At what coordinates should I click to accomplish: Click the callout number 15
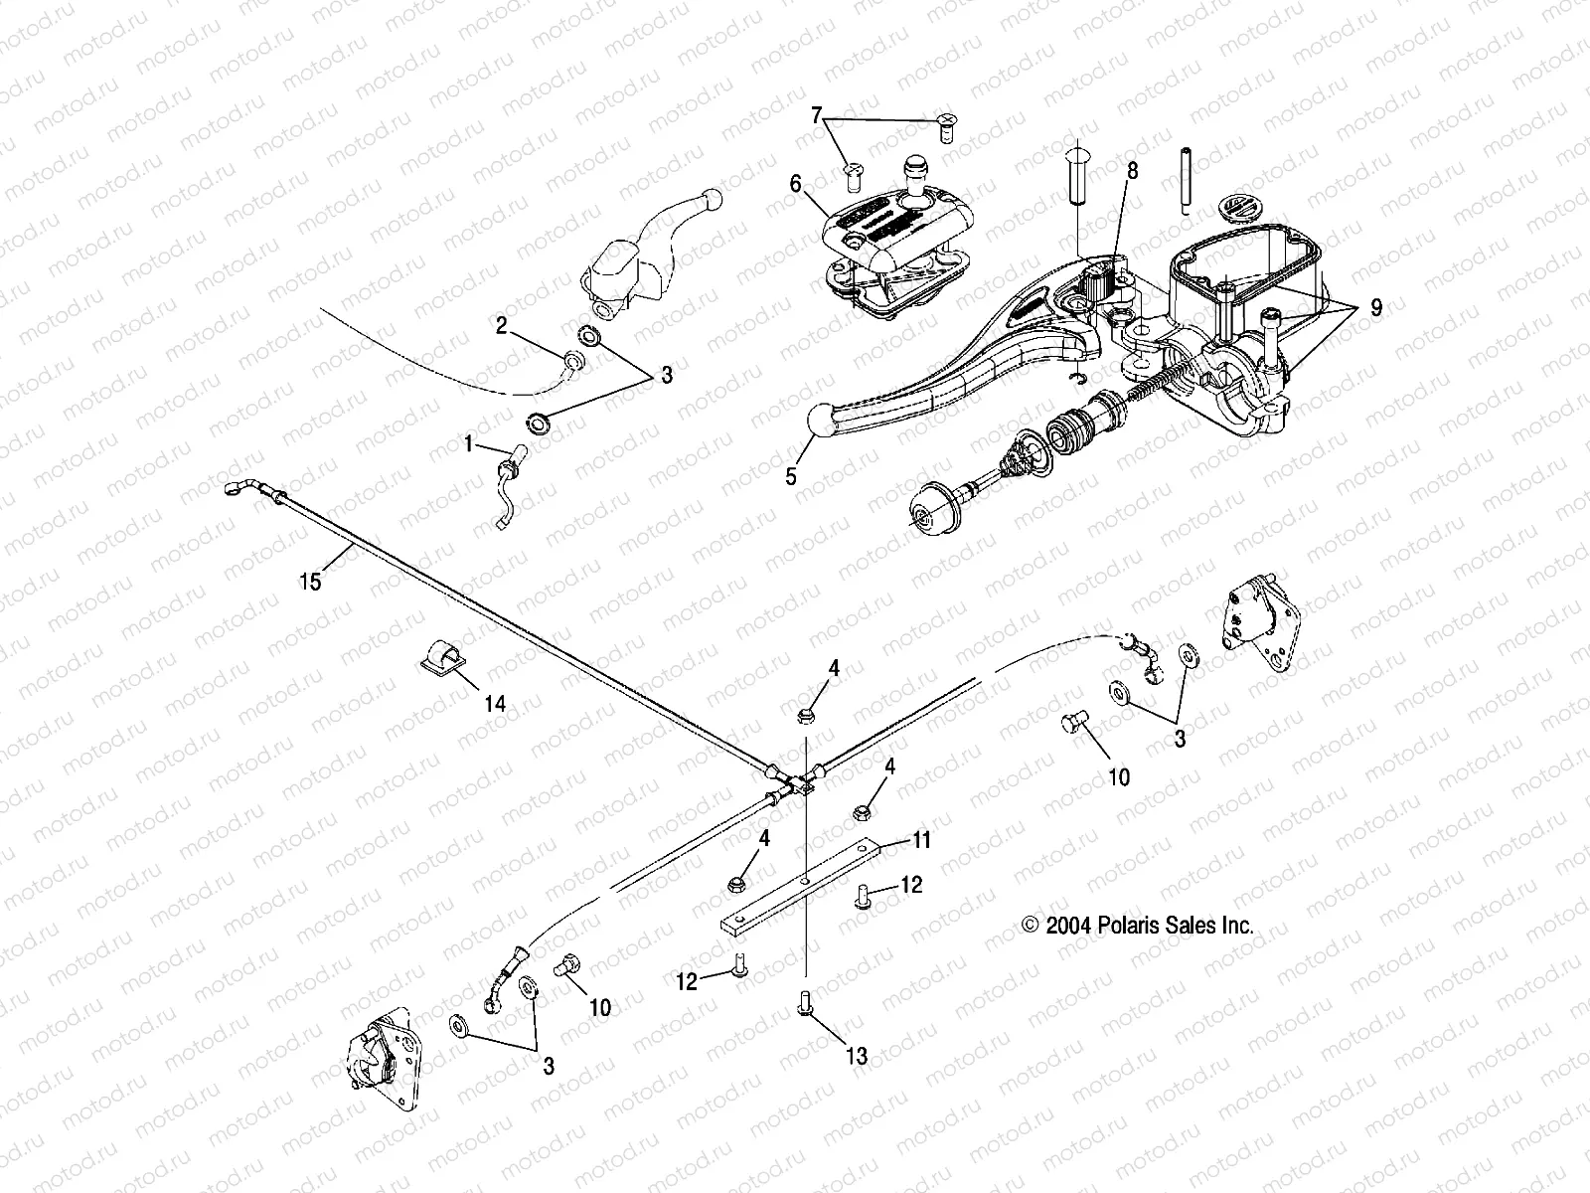[x=310, y=582]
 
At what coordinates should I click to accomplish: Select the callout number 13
[x=856, y=1056]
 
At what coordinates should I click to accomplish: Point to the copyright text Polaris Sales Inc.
[x=1138, y=925]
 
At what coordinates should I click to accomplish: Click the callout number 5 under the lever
[x=791, y=476]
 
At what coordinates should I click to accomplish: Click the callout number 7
[x=817, y=116]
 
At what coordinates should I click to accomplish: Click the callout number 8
[x=1132, y=171]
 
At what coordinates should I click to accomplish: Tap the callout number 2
[x=502, y=325]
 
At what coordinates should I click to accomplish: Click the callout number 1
[x=468, y=445]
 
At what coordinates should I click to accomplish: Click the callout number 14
[x=495, y=704]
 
